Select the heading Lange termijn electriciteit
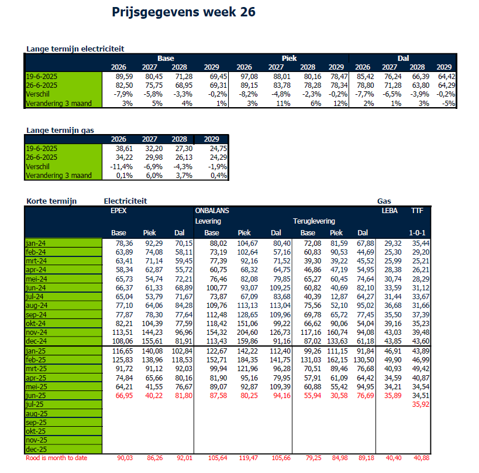75,49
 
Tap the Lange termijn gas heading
60,130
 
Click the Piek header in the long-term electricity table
290,59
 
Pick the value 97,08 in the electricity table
249,77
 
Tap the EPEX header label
119,210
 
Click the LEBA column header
390,210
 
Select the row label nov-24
37,331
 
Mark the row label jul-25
35,404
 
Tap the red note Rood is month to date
57,458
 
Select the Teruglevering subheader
314,221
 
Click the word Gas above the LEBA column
384,201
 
